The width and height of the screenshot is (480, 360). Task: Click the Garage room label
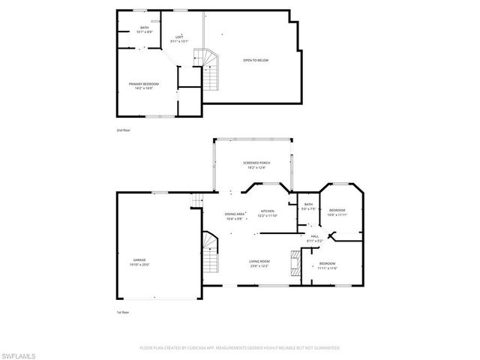[x=140, y=259]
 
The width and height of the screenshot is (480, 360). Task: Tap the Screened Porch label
[x=256, y=163]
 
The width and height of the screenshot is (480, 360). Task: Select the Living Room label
[x=259, y=262]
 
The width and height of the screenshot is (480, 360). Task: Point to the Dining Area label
[x=235, y=214]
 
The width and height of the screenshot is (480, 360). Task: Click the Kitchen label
[x=268, y=211]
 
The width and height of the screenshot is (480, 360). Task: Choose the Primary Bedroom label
[x=144, y=84]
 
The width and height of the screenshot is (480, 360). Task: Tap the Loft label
[x=179, y=37]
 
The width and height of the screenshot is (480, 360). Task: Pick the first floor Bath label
[x=308, y=204]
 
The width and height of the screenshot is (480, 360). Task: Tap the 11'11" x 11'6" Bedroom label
[x=327, y=265]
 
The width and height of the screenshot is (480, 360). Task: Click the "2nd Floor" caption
[x=123, y=130]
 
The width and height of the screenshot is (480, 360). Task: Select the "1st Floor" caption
[x=123, y=312]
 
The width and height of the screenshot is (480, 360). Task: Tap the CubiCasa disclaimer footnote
[x=240, y=347]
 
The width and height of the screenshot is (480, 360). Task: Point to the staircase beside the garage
[x=209, y=254]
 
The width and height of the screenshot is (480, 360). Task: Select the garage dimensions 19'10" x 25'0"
[x=140, y=265]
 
